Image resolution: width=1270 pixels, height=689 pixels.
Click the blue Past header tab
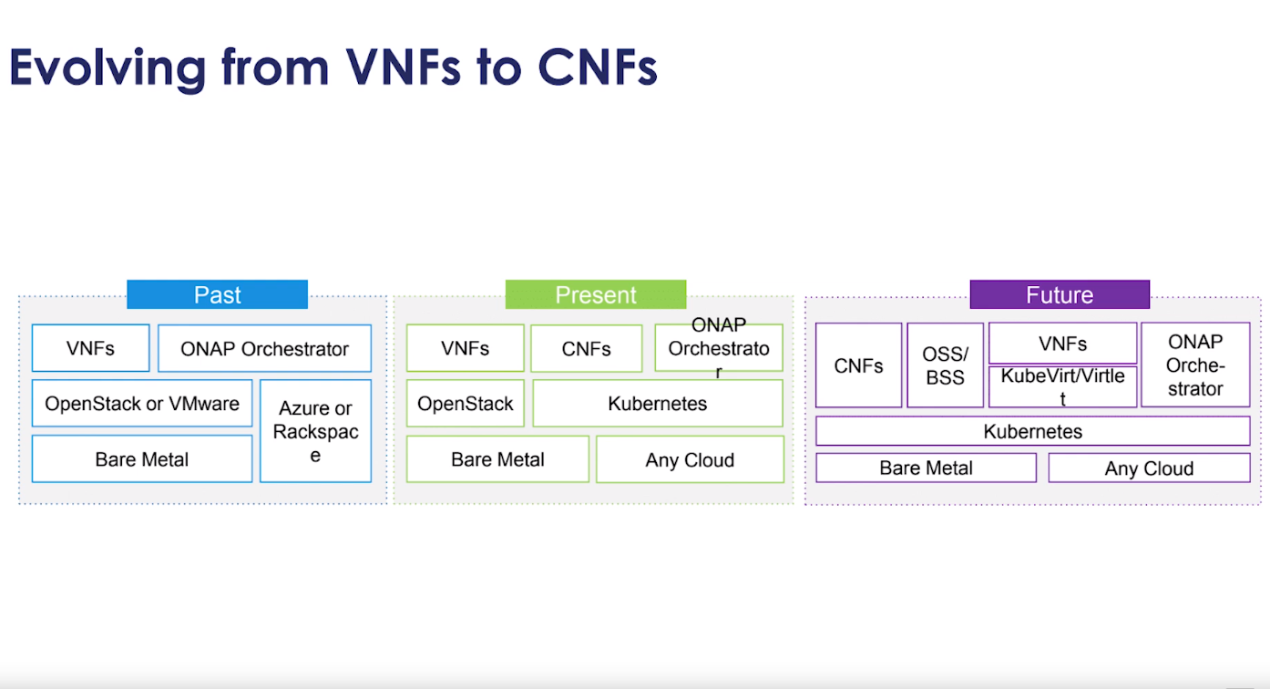(x=217, y=294)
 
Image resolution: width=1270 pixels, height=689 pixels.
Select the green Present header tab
(x=595, y=294)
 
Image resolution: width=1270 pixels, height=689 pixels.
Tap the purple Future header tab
(x=1059, y=294)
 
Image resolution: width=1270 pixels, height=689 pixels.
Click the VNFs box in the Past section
(x=90, y=348)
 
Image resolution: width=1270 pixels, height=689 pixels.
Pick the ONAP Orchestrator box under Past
(x=264, y=348)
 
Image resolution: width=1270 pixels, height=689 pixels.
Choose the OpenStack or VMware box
(x=142, y=403)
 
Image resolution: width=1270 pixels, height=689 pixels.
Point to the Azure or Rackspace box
(x=315, y=431)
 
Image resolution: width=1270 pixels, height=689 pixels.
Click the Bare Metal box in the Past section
(x=142, y=458)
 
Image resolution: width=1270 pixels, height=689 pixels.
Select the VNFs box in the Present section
(x=465, y=348)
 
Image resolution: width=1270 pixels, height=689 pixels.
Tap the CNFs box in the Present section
(x=586, y=348)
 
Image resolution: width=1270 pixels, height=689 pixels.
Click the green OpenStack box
(x=465, y=403)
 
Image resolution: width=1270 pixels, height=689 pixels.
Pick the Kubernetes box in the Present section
(x=657, y=403)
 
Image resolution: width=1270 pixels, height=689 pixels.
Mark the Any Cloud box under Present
(x=690, y=459)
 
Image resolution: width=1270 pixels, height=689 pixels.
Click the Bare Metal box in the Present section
(x=497, y=459)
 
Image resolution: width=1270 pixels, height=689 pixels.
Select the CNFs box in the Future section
(x=858, y=365)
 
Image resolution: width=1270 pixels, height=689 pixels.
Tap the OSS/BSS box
(x=945, y=365)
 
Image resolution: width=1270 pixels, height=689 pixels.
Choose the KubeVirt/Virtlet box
(x=1062, y=386)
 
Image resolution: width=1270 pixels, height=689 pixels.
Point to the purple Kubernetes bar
(x=1032, y=431)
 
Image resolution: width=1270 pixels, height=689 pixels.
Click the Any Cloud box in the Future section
(x=1149, y=468)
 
